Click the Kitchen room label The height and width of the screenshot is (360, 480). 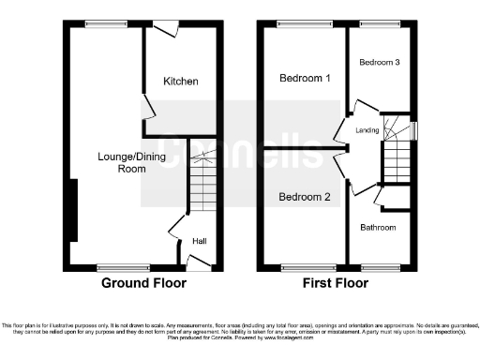tap(181, 82)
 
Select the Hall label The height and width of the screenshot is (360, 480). tap(200, 242)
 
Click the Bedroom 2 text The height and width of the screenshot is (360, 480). tap(305, 197)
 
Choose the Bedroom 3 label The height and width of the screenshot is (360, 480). tap(380, 62)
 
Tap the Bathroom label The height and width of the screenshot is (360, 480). tap(379, 227)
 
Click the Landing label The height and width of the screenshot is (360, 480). tap(367, 130)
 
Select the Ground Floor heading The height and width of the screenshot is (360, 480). tap(143, 283)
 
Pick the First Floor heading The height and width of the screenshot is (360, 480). tap(336, 283)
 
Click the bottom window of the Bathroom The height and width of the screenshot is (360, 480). tap(379, 268)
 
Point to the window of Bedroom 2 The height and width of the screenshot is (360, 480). tap(301, 268)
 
